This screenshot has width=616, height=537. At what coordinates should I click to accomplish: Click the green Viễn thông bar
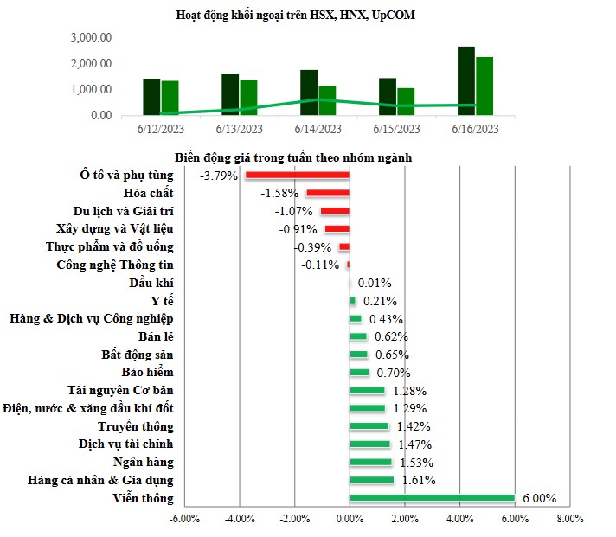coord(432,498)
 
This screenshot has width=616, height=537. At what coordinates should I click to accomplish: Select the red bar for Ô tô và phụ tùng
coord(297,175)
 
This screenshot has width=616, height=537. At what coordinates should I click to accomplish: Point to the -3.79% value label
coord(220,175)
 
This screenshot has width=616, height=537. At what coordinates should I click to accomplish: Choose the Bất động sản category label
coord(137,355)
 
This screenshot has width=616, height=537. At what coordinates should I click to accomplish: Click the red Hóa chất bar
coord(327,193)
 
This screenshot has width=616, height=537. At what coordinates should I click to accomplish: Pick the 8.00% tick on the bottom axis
coord(569,519)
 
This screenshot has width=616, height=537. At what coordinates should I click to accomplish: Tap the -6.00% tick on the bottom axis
coord(184,519)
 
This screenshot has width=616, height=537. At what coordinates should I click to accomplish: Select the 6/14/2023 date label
coord(318,129)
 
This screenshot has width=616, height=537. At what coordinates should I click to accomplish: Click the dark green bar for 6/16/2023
coord(466,80)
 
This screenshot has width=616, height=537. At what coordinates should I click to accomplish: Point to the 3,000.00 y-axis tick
coord(91,38)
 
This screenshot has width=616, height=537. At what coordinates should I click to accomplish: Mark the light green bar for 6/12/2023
coord(170,98)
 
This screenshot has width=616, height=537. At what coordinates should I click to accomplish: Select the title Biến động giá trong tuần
coord(292,157)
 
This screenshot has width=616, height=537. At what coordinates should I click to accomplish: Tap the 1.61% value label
coord(419,480)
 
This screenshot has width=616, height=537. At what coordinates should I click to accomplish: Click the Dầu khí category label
coord(151,283)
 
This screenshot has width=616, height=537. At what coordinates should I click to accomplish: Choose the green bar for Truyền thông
coord(369,426)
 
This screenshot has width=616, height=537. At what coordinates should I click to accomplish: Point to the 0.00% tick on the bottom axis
coord(349,519)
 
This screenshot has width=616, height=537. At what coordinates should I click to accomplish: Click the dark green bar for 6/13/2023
coord(230,94)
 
